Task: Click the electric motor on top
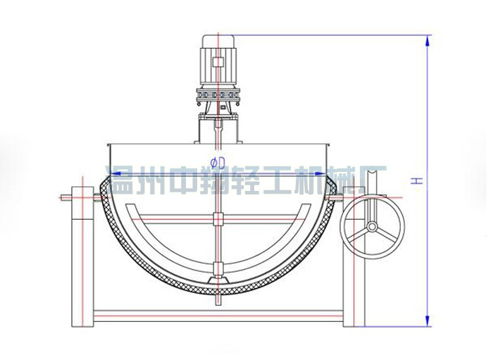(x=219, y=60)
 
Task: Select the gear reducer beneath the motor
(x=219, y=94)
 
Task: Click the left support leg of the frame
(x=82, y=261)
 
